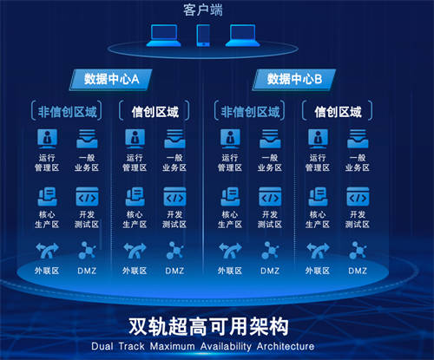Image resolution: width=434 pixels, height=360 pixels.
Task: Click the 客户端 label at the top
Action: [203, 10]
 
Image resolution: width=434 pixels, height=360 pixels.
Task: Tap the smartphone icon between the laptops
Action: [203, 36]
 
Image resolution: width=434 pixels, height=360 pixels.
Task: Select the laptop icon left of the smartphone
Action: [164, 36]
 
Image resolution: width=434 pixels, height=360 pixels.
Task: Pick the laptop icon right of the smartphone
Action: [242, 36]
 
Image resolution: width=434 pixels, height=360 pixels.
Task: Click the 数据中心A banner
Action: [111, 79]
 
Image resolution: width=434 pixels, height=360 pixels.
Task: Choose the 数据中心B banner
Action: [294, 79]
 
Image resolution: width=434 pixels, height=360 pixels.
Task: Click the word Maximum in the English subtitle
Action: [173, 346]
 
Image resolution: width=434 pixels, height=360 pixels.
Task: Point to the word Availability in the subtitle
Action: [226, 346]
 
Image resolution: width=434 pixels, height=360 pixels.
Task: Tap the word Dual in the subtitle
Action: [102, 346]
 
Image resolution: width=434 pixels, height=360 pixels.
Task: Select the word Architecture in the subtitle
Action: [286, 346]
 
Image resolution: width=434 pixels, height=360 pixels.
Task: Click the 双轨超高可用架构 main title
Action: [208, 326]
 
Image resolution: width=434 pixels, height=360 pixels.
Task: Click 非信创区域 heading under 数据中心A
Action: [67, 112]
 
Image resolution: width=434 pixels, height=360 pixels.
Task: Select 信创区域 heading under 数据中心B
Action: [338, 112]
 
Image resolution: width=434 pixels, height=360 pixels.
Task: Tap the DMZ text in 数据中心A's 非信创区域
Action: [87, 271]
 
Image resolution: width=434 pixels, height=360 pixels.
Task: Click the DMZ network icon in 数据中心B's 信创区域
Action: [358, 251]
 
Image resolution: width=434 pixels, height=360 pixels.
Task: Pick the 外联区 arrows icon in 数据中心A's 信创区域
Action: [135, 251]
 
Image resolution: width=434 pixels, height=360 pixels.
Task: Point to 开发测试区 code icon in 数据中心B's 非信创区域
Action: [270, 197]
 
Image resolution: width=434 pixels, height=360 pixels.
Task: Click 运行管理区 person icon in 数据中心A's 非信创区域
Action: [47, 139]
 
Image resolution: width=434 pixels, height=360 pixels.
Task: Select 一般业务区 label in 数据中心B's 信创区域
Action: [358, 162]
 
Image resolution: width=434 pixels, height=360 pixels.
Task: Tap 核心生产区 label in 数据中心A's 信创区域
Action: [135, 219]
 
